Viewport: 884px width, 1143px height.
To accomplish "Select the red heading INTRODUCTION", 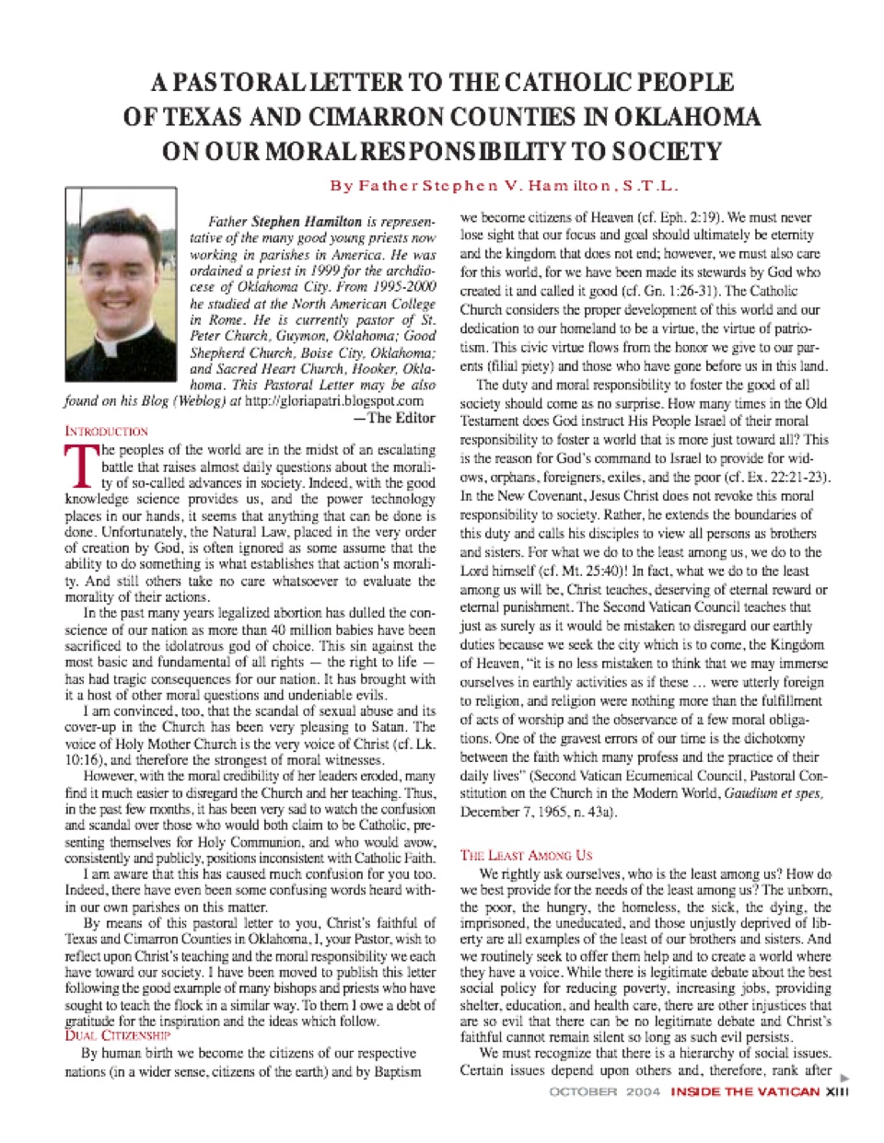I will (107, 431).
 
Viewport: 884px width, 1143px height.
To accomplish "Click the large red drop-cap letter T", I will (79, 466).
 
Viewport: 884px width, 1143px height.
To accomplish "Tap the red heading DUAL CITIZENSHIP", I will (117, 1035).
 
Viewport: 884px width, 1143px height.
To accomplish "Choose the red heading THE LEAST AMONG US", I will (526, 855).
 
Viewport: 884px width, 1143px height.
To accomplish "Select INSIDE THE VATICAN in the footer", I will (745, 1092).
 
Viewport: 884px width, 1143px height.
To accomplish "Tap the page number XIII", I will (836, 1092).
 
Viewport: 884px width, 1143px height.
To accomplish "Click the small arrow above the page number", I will (843, 1076).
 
